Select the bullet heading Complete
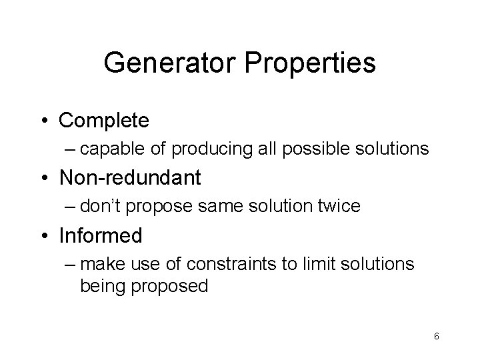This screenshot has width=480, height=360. [x=104, y=121]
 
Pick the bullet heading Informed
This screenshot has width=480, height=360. [x=101, y=235]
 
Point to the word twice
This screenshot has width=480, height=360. [x=339, y=207]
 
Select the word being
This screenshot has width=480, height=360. [x=100, y=287]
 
